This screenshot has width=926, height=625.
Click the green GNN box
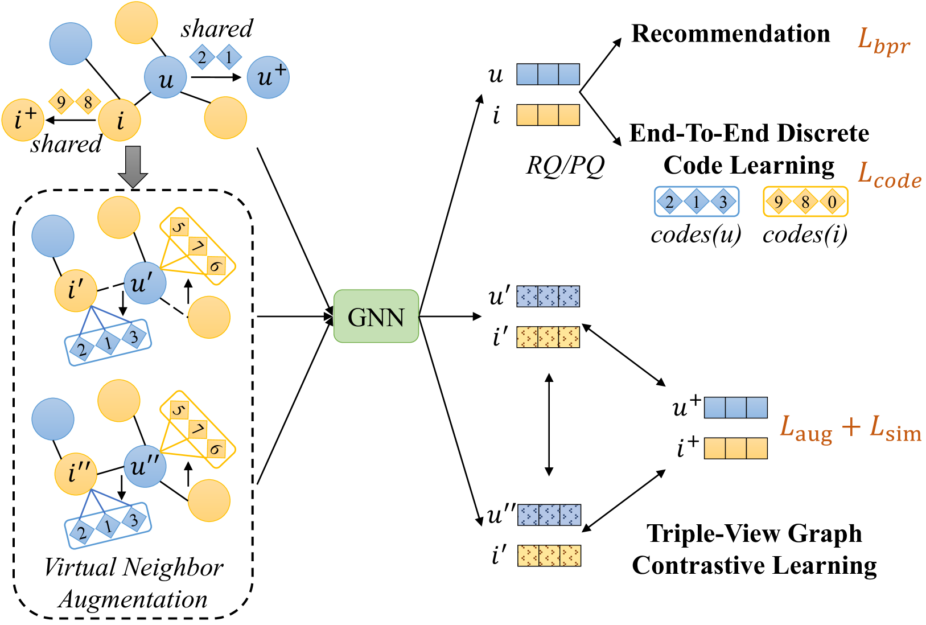(376, 316)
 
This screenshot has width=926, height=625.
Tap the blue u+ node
(268, 77)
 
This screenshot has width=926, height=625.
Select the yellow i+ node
(23, 120)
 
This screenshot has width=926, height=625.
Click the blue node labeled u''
(145, 467)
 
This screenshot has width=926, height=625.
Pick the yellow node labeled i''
(76, 474)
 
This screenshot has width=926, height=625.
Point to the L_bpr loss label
(883, 42)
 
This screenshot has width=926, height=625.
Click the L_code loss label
(889, 176)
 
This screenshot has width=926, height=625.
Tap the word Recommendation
(731, 34)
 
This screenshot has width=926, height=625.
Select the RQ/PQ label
(565, 166)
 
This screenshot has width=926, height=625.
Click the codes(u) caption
(696, 235)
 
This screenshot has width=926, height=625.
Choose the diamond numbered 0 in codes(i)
(832, 202)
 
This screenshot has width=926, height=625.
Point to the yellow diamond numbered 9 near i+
(61, 102)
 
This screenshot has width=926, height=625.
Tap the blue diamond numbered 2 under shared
(202, 57)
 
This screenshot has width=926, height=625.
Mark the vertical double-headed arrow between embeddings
(549, 425)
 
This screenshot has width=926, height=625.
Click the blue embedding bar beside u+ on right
(735, 408)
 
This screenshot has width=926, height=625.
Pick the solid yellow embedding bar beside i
(548, 115)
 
